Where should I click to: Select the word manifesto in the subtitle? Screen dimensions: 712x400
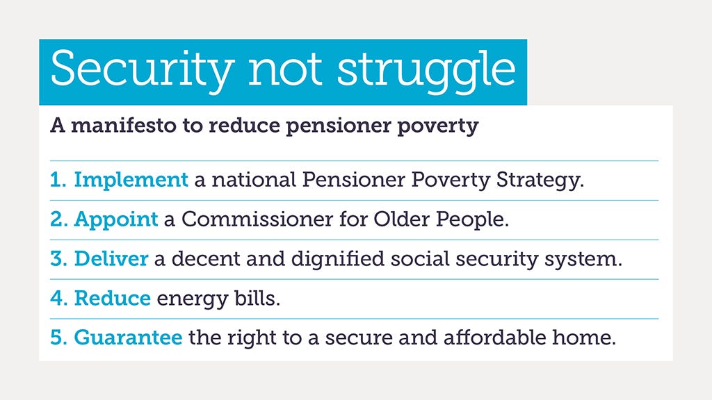[124, 125]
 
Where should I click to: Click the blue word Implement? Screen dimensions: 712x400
[131, 180]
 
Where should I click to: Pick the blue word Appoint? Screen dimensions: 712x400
[116, 220]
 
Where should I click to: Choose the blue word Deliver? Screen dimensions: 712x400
[111, 258]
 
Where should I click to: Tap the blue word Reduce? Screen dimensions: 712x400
[112, 298]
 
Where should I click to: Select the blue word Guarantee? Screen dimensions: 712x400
[128, 337]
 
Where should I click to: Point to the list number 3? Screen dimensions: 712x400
[58, 258]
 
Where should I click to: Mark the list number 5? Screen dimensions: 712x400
[58, 337]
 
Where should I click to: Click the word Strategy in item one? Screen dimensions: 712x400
[540, 181]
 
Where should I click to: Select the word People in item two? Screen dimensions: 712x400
[472, 220]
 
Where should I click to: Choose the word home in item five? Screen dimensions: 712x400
[584, 337]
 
